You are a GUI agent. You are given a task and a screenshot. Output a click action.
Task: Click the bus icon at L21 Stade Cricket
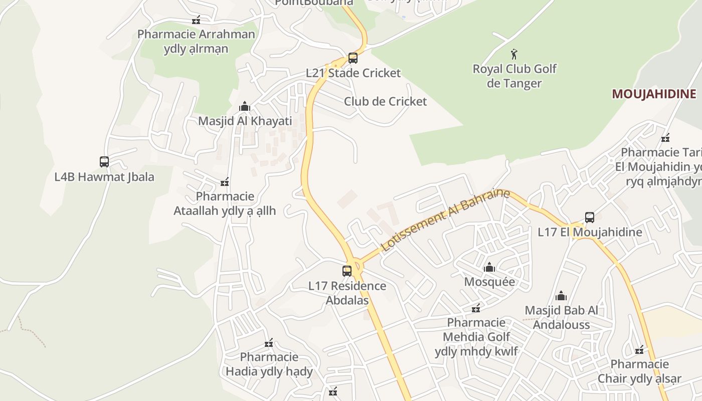coord(353,58)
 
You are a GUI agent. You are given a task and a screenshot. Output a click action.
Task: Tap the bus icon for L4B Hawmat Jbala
coord(104,162)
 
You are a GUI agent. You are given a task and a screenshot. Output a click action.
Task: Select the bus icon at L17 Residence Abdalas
coord(347,271)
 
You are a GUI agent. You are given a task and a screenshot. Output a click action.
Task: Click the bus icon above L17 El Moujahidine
coord(590,218)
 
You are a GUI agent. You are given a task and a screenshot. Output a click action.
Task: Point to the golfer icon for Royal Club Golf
coord(514,54)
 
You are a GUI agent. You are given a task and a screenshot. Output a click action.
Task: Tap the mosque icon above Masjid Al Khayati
coord(245,106)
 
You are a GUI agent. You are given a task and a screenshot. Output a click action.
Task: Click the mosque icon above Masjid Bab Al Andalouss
coord(561,296)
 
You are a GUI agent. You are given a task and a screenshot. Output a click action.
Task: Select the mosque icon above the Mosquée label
coord(489,267)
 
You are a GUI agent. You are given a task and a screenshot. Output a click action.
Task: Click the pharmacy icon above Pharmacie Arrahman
coord(196,20)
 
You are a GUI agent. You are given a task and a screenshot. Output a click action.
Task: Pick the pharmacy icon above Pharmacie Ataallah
coord(225,181)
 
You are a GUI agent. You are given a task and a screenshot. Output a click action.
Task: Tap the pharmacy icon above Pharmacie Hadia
coord(269,343)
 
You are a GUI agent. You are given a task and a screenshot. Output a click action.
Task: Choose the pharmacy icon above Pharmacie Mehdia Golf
coord(476,308)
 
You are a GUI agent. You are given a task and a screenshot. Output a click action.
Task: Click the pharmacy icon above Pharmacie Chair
coord(639,350)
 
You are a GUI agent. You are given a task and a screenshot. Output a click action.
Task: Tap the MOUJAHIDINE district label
coord(654,94)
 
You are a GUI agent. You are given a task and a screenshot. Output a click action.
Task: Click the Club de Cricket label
coord(385,101)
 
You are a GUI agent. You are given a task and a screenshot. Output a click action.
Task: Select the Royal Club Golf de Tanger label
coord(514,76)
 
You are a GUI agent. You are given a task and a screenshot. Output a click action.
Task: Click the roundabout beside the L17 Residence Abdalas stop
coord(356,264)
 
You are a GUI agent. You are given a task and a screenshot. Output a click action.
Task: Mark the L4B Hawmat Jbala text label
coord(104,177)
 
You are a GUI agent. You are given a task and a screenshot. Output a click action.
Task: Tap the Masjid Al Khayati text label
coord(245,121)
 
